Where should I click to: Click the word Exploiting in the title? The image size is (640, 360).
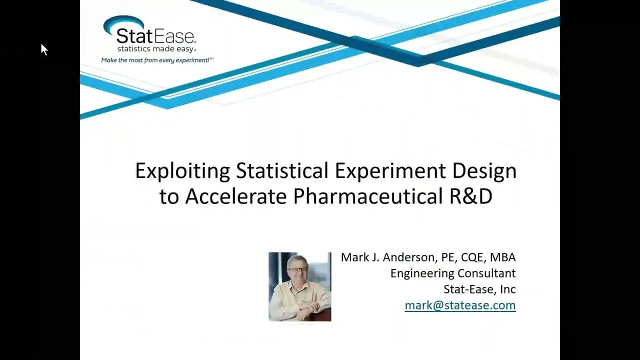tap(182, 171)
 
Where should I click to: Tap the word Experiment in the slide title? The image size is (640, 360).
tap(391, 171)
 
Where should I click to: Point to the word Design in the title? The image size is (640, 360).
tap(484, 171)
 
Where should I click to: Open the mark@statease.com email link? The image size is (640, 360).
tap(460, 305)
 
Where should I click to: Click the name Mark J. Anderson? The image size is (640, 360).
tap(388, 257)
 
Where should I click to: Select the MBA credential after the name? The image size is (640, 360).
tap(502, 257)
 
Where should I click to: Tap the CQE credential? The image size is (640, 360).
tap(471, 257)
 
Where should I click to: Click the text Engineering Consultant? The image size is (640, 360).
tap(453, 273)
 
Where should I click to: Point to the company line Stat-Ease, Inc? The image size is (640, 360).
tap(479, 289)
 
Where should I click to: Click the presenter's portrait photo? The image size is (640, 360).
tap(299, 286)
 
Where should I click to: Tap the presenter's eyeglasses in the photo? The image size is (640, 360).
tap(298, 270)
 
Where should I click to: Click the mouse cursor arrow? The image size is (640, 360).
tap(43, 48)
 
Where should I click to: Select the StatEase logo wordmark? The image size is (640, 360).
tap(156, 36)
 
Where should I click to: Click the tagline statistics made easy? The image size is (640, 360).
tap(156, 49)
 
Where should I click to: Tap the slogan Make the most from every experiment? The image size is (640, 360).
tap(157, 60)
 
